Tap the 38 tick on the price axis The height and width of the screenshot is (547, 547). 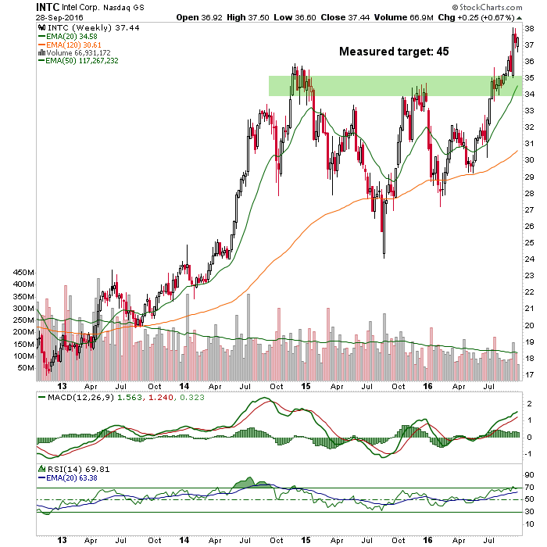point(528,28)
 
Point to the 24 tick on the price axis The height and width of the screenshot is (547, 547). point(528,259)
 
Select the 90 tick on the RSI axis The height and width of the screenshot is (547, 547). point(528,474)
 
